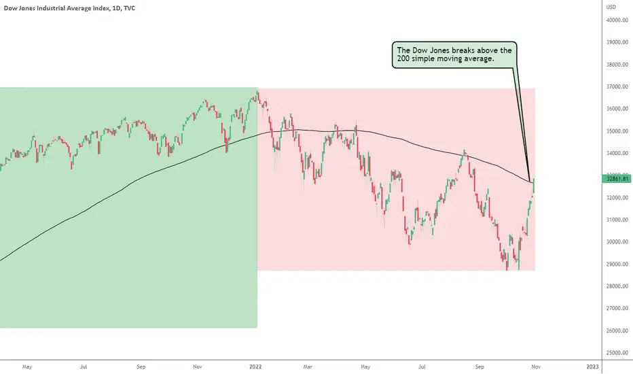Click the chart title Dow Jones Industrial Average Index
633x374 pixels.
[56, 8]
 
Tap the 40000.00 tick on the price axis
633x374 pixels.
[617, 20]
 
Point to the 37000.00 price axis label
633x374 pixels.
[617, 86]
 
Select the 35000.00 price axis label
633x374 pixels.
[617, 131]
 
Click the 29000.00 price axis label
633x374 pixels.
[617, 264]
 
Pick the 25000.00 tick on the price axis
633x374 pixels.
[617, 352]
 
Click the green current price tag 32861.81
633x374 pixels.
[617, 179]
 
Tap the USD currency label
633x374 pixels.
[611, 7]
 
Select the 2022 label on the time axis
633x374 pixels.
[255, 367]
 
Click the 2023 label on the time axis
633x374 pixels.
[592, 367]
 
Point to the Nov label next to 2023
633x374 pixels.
[536, 367]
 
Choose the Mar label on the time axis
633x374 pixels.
[308, 367]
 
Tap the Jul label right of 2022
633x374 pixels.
[422, 367]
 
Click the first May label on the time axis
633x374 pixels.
[27, 367]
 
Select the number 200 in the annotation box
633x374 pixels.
[403, 58]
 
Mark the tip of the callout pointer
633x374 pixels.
[530, 182]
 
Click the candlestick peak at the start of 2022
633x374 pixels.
[257, 92]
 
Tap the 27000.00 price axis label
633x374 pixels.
[617, 308]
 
